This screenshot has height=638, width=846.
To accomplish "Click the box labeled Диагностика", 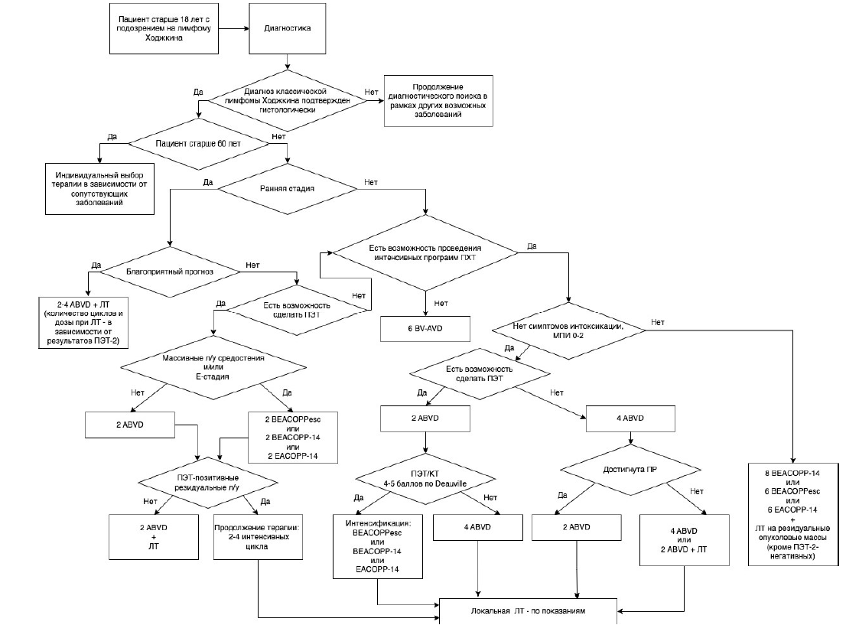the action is (x=287, y=28).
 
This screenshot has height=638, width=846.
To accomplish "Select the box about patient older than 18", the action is (x=164, y=28).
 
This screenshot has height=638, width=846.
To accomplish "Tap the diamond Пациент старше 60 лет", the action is (x=198, y=144).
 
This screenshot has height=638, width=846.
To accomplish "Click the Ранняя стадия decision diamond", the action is (x=287, y=189).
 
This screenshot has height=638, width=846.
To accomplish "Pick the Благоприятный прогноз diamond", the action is (x=170, y=272).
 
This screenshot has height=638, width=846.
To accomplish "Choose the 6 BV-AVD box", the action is (x=425, y=329).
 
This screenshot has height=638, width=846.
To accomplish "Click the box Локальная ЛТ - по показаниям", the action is (x=529, y=611).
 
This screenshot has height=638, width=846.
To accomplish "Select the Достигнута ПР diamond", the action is (x=630, y=470).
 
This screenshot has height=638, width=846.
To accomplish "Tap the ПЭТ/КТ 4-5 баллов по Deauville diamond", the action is (x=425, y=479).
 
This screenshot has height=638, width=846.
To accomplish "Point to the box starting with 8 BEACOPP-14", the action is (x=794, y=514).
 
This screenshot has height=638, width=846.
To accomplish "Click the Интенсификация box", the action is (x=378, y=546).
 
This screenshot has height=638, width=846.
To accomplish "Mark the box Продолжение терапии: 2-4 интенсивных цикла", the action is (x=258, y=536).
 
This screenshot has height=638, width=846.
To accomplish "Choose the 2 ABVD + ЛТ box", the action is (x=154, y=536).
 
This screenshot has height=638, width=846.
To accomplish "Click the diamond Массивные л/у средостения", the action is (x=213, y=368).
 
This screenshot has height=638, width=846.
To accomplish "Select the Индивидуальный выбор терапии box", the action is (x=99, y=189).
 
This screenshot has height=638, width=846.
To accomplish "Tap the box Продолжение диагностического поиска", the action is (x=438, y=101).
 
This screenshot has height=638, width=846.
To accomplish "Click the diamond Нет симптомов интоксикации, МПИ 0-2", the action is (x=568, y=331).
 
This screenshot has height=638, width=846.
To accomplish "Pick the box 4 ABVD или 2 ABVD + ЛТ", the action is (x=684, y=540).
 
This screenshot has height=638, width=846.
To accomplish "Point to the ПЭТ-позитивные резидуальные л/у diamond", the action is (x=208, y=483).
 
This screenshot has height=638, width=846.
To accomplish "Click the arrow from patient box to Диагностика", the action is (x=233, y=28).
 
